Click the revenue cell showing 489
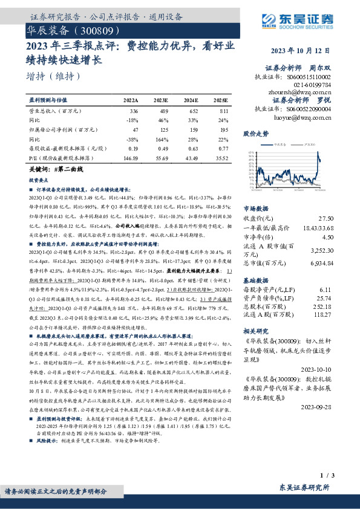pyautogui.click(x=162, y=112)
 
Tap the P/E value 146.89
pyautogui.click(x=130, y=157)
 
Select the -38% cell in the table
pyautogui.click(x=131, y=138)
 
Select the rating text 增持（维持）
pyautogui.click(x=54, y=76)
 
